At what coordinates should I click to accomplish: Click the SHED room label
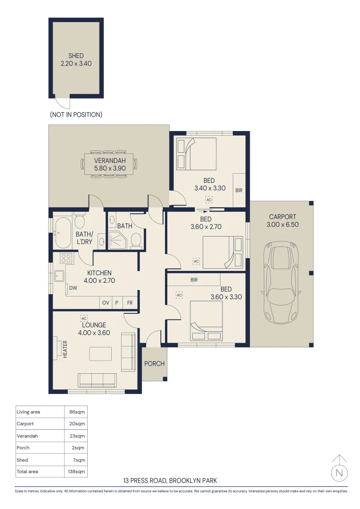[76, 56]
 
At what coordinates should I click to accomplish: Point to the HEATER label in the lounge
[65, 349]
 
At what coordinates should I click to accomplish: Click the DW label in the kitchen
[73, 288]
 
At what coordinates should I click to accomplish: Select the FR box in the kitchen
[130, 303]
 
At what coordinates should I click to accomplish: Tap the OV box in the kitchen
[106, 303]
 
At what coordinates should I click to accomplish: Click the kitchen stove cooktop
[65, 258]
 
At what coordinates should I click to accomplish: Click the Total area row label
[27, 471]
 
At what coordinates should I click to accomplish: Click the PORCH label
[154, 363]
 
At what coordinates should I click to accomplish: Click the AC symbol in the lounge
[84, 318]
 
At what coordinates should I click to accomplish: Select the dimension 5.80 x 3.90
[109, 167]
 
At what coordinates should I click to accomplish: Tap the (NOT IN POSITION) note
[76, 115]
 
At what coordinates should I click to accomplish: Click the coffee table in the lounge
[100, 354]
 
